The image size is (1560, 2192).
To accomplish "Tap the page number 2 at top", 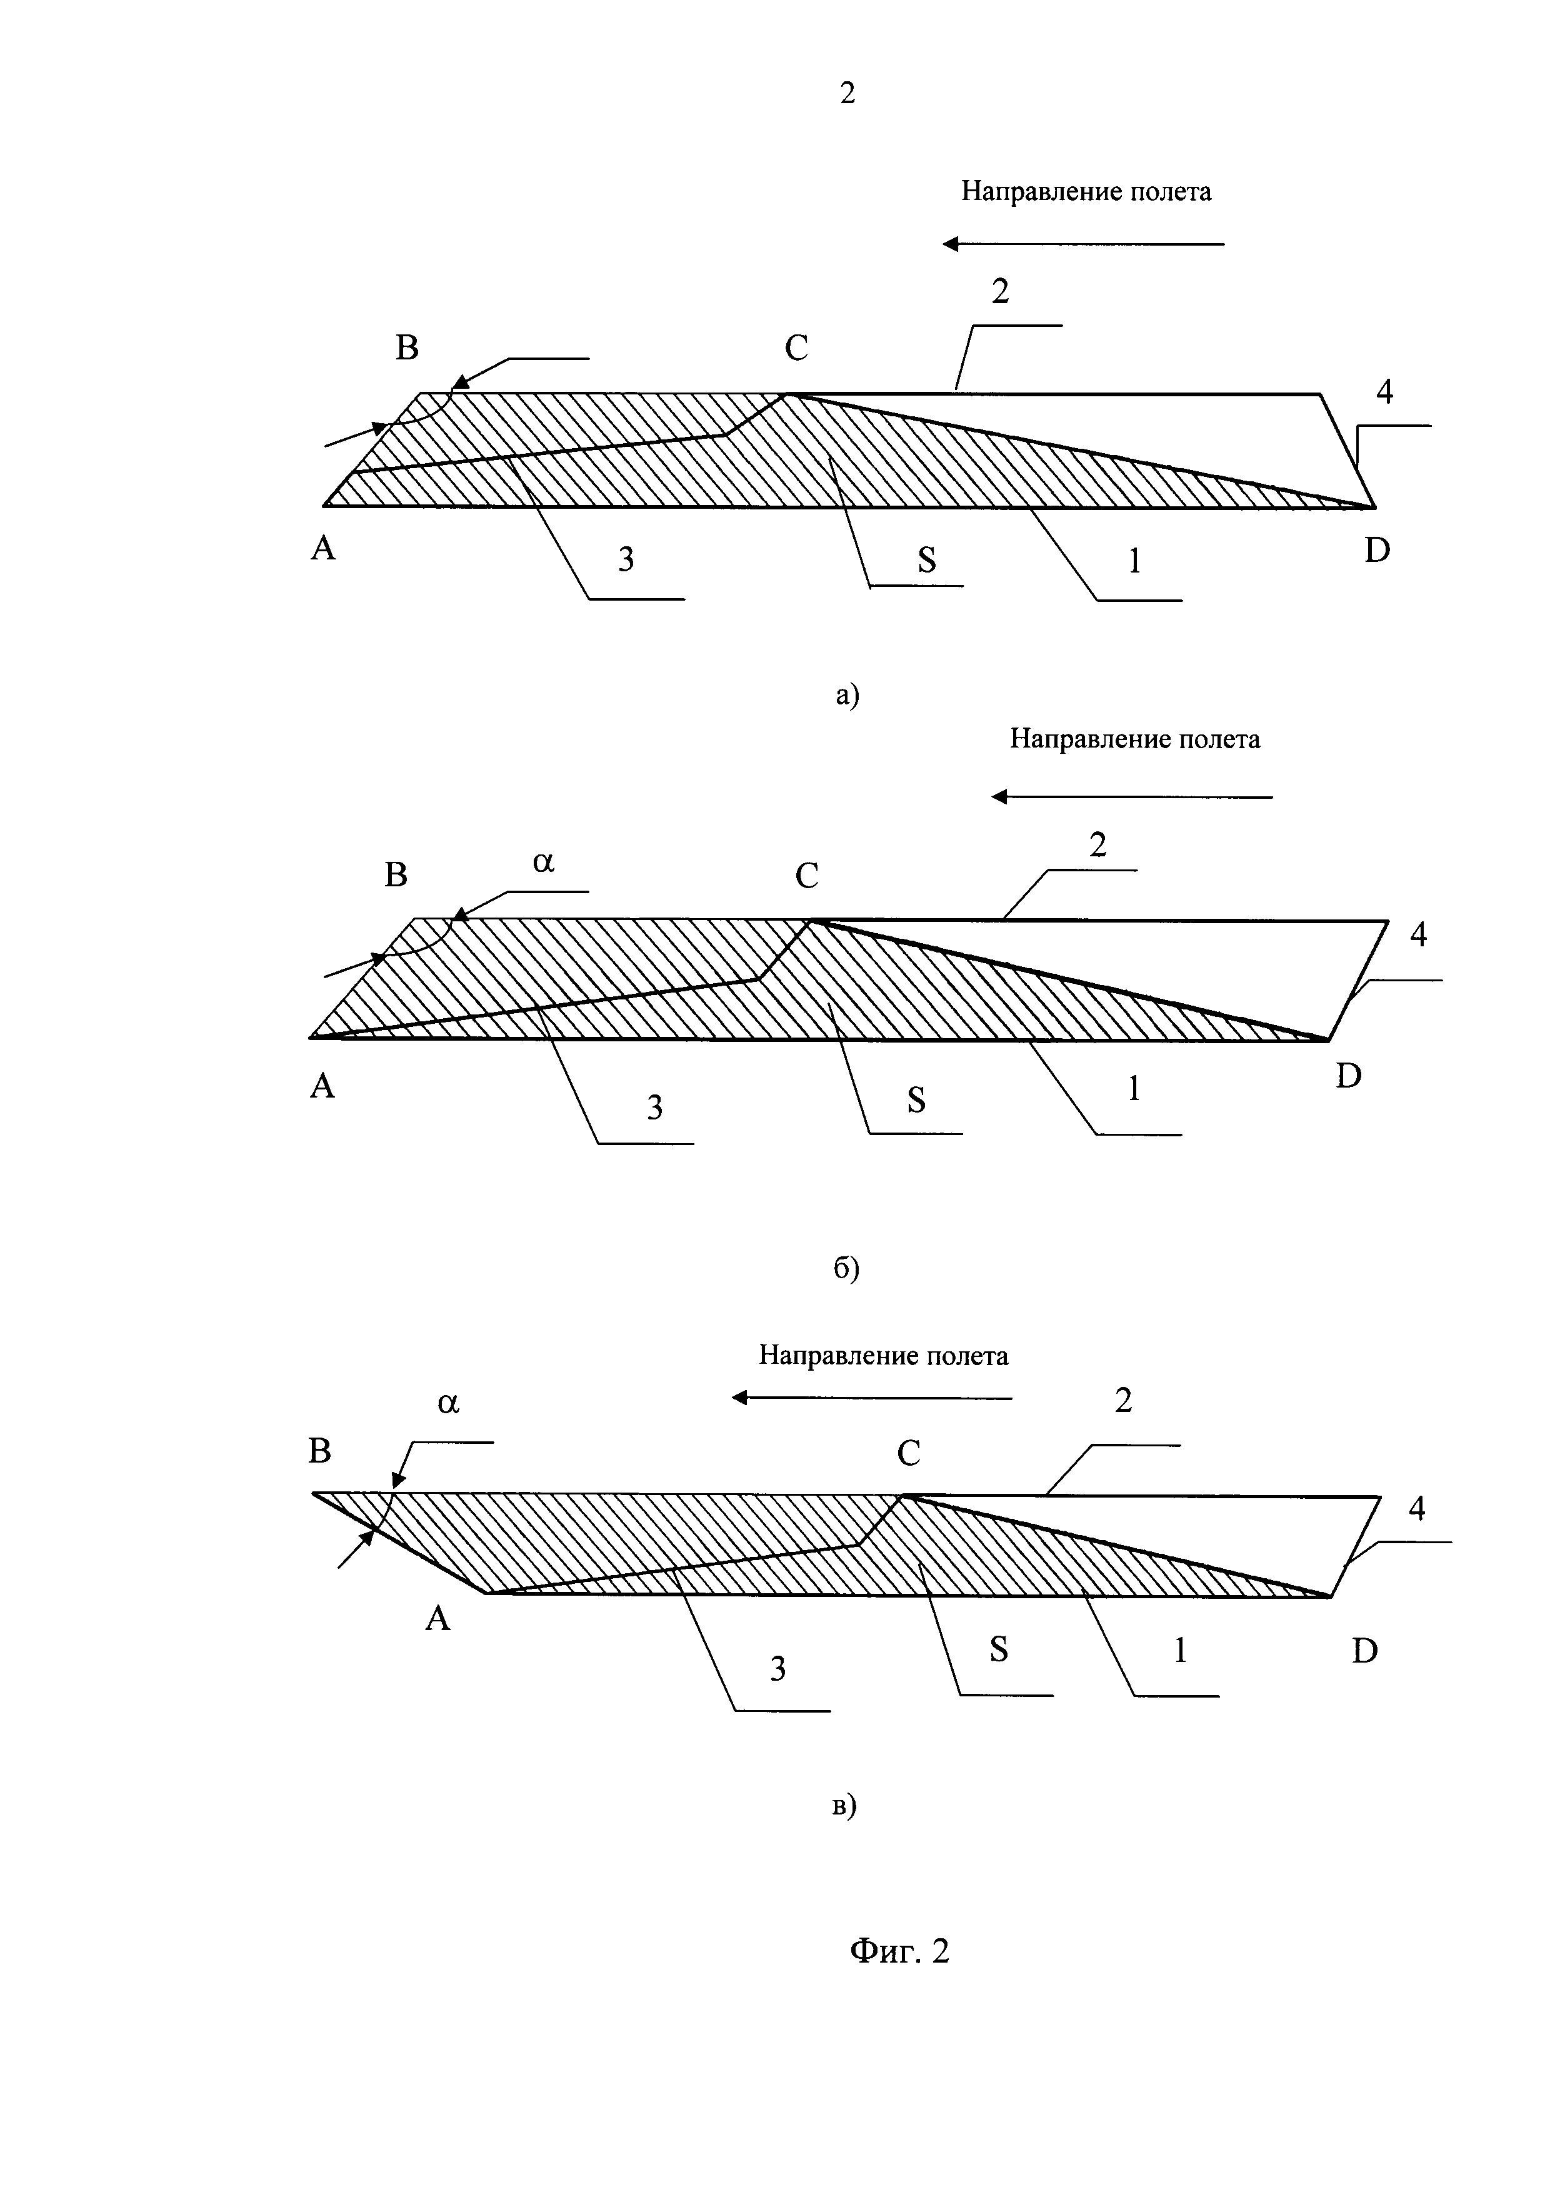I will [x=847, y=93].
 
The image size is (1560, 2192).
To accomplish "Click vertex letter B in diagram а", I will [x=407, y=348].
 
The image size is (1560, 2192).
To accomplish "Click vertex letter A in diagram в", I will [x=438, y=1619].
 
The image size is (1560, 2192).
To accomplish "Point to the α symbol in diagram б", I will [x=544, y=862].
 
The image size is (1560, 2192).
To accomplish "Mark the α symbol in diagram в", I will [x=449, y=1403].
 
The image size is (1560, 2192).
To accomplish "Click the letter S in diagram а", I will [x=926, y=560].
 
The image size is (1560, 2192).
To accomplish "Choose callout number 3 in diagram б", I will [x=654, y=1108].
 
